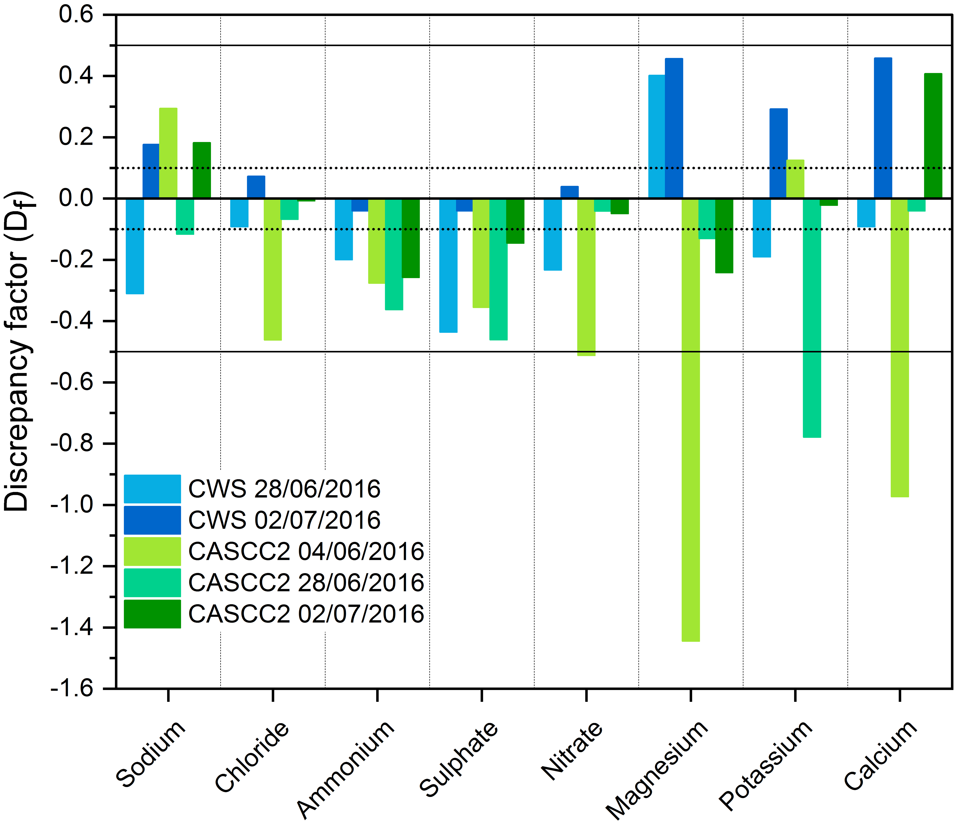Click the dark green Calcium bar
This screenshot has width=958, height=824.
click(933, 136)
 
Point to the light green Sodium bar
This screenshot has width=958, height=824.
click(168, 153)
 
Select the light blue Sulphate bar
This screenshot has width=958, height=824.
click(448, 265)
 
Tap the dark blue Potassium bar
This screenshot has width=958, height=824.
click(779, 154)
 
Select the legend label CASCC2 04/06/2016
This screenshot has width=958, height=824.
click(306, 551)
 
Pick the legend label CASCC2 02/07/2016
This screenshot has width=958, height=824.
click(306, 614)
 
